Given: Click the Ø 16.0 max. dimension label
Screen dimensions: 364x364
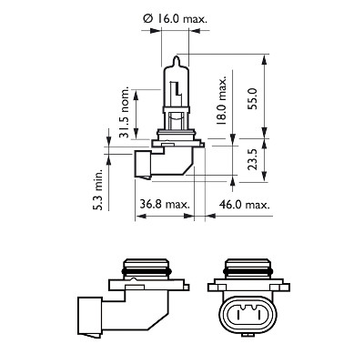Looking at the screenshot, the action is (x=176, y=19).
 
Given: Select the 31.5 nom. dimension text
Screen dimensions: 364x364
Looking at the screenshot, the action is (x=124, y=113).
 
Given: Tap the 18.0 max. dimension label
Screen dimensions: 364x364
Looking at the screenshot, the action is (x=222, y=100).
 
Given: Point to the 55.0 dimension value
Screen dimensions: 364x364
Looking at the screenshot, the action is (x=252, y=98).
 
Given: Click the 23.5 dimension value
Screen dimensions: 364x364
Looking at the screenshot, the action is (x=252, y=159).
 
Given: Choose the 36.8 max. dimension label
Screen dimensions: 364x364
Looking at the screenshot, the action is (x=165, y=204).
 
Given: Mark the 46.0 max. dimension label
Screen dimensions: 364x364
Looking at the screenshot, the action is (x=244, y=205).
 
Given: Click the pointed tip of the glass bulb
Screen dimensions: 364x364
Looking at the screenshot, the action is (x=177, y=56).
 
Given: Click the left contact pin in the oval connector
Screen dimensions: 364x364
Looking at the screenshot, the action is (x=238, y=315).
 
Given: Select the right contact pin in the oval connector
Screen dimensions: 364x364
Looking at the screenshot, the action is (x=259, y=315).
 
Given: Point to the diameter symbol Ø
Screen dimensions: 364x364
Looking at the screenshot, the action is (x=147, y=19).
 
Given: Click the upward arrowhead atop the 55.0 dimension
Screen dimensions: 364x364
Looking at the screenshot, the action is (x=265, y=60).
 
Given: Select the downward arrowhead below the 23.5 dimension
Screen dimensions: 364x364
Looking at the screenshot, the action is (x=265, y=177).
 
